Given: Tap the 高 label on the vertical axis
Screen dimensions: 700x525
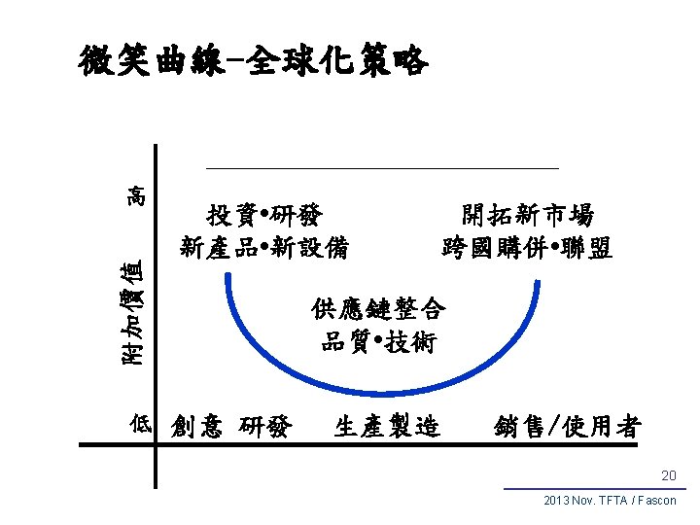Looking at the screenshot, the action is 138,194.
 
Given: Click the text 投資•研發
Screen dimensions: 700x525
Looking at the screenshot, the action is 265,214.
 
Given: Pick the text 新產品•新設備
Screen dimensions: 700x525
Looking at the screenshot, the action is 265,248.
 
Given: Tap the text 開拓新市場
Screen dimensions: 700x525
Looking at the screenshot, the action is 528,214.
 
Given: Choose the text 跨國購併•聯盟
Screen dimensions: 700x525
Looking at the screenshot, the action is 528,248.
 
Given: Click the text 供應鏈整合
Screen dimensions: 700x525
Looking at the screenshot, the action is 379,309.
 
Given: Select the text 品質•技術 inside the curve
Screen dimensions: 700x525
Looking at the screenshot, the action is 379,342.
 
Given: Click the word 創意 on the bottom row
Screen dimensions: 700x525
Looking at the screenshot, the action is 196,426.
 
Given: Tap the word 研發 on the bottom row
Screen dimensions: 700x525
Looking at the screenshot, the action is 263,426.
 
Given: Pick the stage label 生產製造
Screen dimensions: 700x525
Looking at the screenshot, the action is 387,426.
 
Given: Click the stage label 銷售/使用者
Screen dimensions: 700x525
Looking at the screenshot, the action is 567,426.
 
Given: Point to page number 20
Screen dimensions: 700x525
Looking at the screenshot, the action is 668,475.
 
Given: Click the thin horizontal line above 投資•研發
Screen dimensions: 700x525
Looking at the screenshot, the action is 382,169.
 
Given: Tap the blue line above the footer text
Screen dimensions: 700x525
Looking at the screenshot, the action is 595,489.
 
